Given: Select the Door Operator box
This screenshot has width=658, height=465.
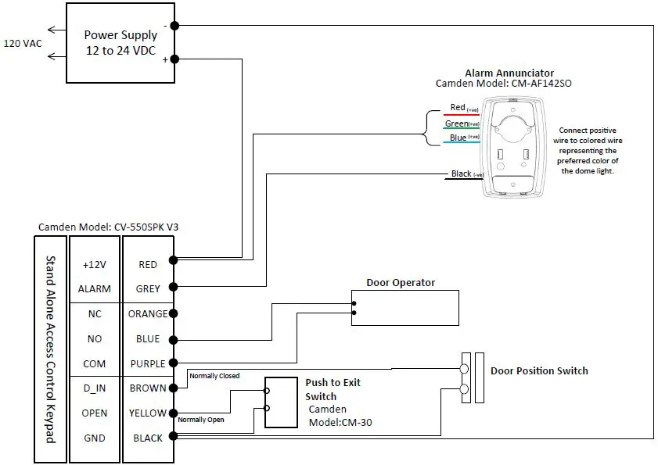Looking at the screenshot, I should (404, 308).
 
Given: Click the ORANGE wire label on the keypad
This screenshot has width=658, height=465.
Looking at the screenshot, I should (148, 314).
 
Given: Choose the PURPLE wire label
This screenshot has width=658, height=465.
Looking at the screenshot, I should (148, 364).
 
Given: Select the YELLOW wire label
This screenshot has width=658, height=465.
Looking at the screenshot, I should (148, 413).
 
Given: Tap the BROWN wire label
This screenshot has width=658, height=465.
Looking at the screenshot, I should (148, 388).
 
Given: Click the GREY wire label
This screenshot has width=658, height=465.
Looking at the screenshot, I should (148, 289).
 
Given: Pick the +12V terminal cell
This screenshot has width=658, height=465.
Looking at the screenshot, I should (95, 265).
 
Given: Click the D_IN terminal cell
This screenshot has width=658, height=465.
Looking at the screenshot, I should (95, 388).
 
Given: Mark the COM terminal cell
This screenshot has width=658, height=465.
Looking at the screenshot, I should (95, 364).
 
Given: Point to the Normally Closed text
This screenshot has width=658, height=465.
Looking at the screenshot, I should (214, 376).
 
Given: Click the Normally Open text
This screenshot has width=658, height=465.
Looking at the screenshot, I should (202, 420).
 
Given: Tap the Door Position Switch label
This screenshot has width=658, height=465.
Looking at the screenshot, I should (538, 370).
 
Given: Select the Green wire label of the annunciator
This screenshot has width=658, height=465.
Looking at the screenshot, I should (457, 123).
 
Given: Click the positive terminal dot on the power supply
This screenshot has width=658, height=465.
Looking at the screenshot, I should (174, 59).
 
